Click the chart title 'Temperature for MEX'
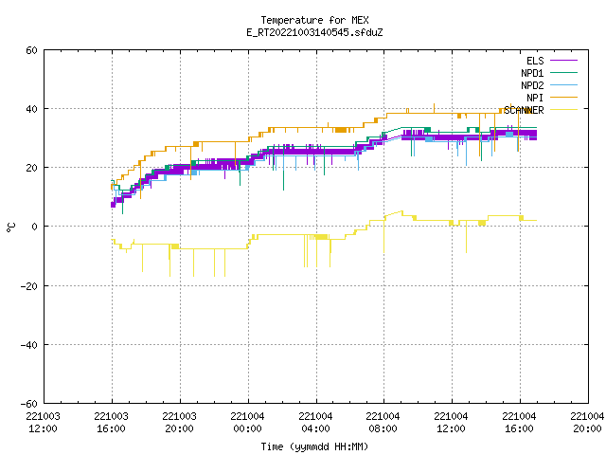click(314, 20)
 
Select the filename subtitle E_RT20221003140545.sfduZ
click(314, 32)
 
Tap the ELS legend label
click(535, 61)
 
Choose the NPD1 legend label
click(532, 73)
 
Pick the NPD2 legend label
click(532, 85)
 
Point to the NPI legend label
click(535, 98)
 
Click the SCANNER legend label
click(524, 110)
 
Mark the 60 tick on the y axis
click(31, 50)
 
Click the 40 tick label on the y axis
click(31, 109)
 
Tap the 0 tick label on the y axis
click(34, 227)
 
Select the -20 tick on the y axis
click(29, 286)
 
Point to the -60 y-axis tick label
click(29, 404)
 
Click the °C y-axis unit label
click(11, 227)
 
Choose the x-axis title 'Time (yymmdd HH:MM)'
click(314, 446)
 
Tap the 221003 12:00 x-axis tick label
click(43, 423)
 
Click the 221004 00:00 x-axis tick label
click(247, 423)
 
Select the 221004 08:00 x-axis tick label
click(383, 423)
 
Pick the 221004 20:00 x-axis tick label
click(587, 423)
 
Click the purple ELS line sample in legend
click(564, 61)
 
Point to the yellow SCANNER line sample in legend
click(564, 110)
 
